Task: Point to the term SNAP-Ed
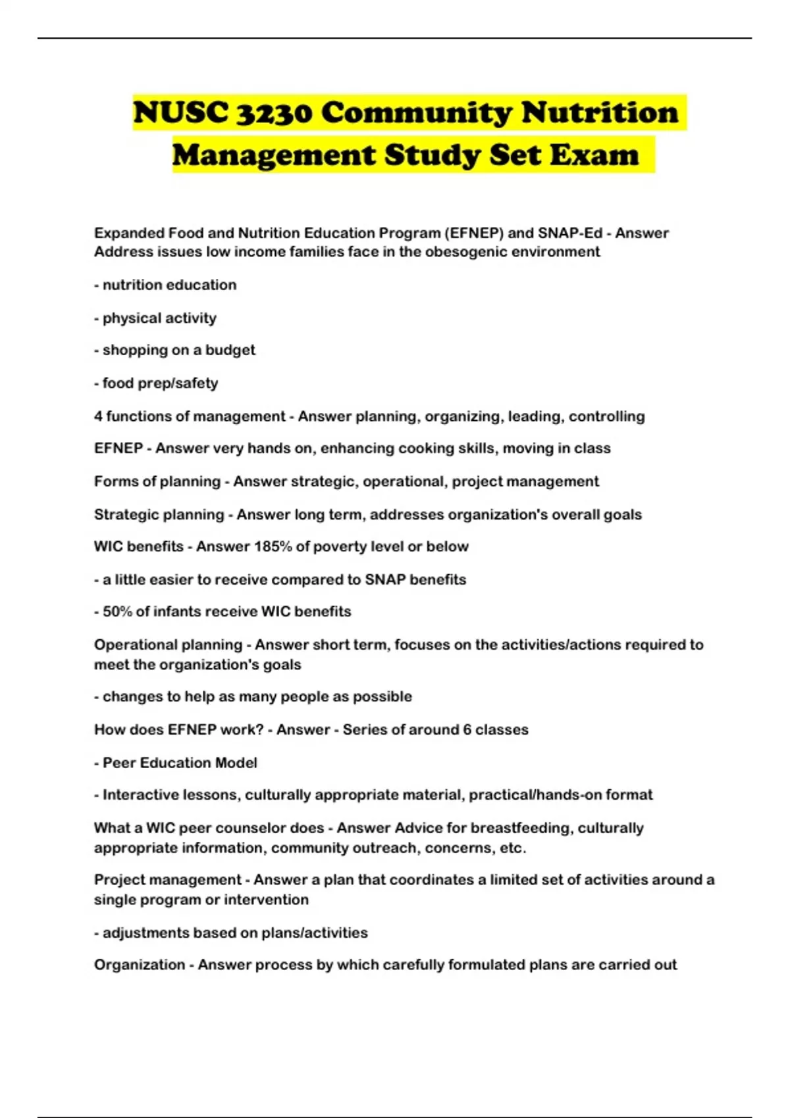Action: (570, 233)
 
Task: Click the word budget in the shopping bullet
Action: (230, 350)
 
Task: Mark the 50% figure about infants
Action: (117, 612)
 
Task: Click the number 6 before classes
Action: (467, 730)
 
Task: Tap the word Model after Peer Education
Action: (235, 763)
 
